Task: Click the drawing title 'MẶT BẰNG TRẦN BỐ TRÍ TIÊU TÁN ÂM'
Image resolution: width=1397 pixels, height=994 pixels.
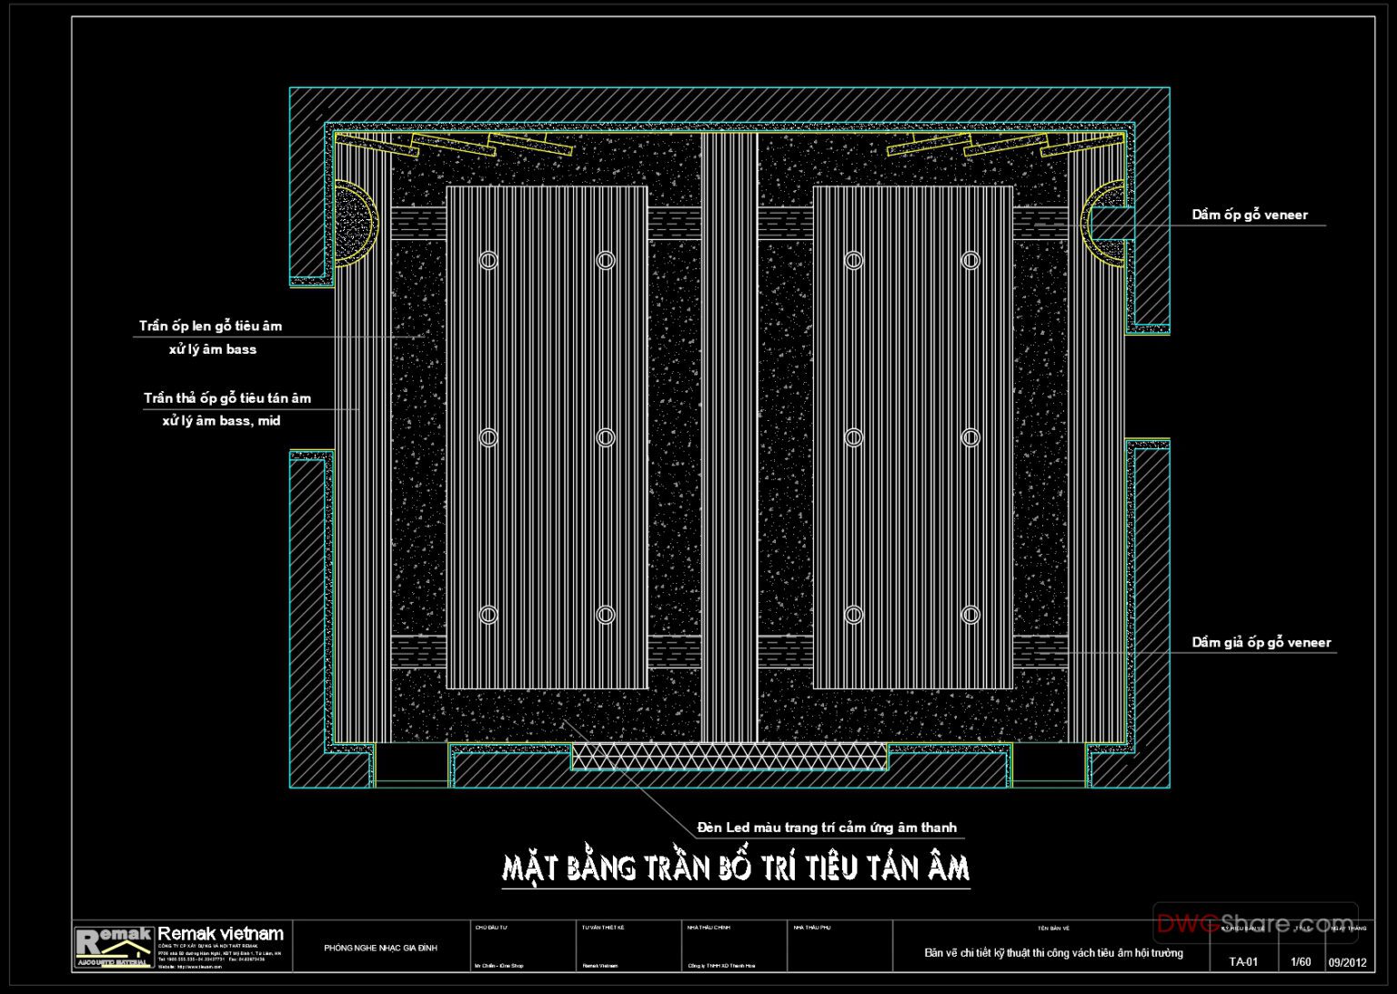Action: coord(736,868)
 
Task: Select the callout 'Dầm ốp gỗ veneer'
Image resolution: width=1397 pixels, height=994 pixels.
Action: coord(1249,215)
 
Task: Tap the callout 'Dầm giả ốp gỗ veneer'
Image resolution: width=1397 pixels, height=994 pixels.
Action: coord(1261,642)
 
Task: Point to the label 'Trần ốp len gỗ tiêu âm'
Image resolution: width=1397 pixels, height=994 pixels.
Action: coord(210,326)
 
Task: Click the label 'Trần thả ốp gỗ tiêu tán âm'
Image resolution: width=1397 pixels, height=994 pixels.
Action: coord(226,398)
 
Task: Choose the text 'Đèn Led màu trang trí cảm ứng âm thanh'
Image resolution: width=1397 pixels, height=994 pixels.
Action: coord(827,828)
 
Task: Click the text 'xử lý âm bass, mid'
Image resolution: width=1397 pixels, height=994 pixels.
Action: coord(221,421)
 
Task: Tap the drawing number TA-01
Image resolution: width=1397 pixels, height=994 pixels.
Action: coord(1243,962)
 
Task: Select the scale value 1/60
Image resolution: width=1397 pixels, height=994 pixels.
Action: coord(1301,962)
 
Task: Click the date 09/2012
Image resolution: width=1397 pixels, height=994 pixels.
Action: coord(1347,962)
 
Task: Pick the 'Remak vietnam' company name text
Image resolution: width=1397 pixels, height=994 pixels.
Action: coord(220,934)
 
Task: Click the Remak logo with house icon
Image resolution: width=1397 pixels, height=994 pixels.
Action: coord(114,947)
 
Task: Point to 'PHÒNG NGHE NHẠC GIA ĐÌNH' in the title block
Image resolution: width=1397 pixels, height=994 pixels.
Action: coord(380,949)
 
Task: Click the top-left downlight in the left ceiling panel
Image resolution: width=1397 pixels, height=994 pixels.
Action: coord(488,260)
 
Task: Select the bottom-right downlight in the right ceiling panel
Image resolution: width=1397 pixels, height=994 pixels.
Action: coord(970,615)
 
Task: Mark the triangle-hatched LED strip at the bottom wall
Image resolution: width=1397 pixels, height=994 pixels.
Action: coord(729,757)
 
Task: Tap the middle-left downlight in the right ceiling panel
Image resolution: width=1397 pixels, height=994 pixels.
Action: coord(854,437)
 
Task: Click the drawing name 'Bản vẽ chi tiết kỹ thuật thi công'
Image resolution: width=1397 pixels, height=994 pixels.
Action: coord(1053,953)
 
